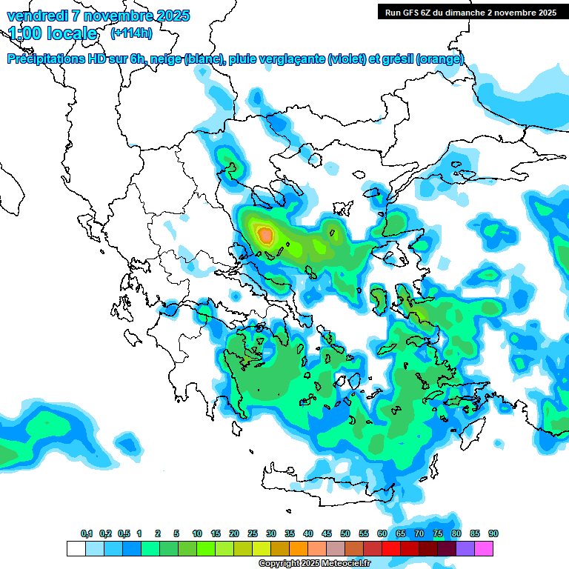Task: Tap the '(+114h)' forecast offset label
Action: click(x=131, y=33)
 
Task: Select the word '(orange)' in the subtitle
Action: click(x=440, y=59)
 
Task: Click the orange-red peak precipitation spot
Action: click(x=265, y=236)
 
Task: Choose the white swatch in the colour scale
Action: click(x=76, y=548)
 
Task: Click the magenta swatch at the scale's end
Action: click(x=484, y=548)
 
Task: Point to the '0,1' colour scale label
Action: click(x=87, y=533)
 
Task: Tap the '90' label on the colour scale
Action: click(x=493, y=533)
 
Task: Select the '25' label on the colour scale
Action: click(x=253, y=533)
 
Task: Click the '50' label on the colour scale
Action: click(x=345, y=533)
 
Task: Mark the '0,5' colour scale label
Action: click(x=124, y=533)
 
